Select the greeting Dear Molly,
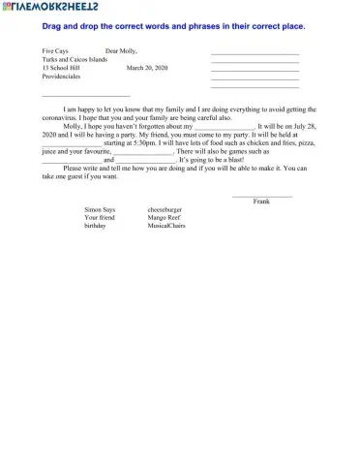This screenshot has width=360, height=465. point(121,48)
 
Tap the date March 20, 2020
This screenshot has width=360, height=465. point(146,68)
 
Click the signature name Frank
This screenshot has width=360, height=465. point(260,201)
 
